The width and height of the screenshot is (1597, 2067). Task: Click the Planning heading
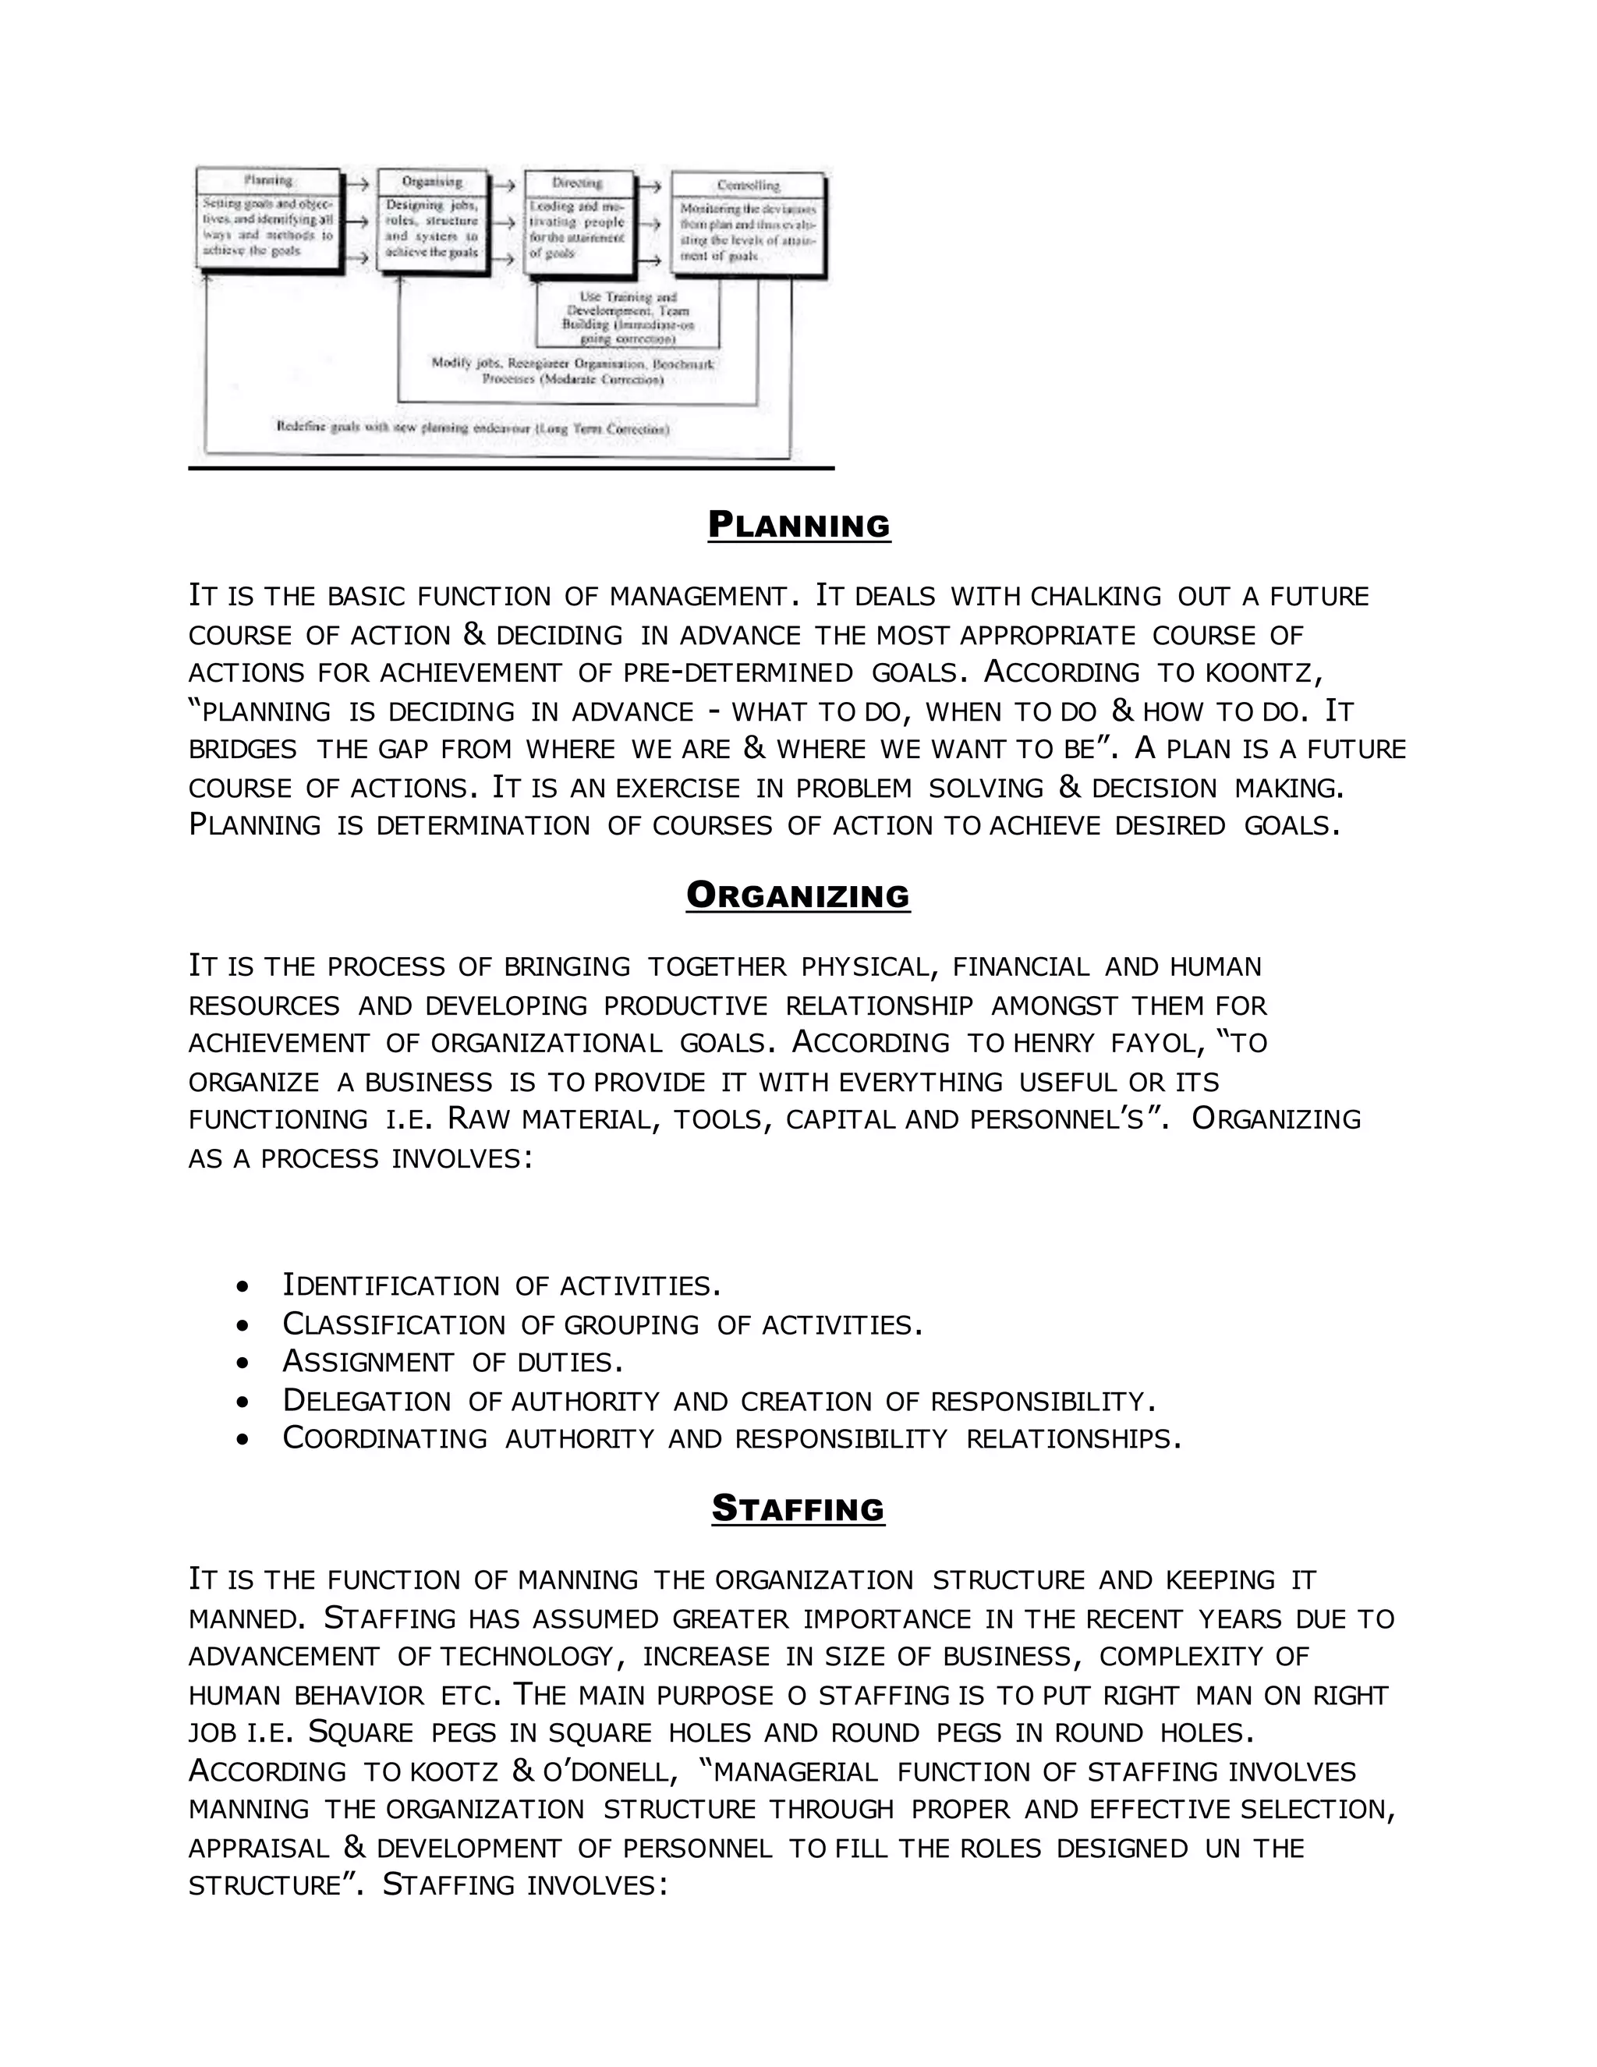click(798, 525)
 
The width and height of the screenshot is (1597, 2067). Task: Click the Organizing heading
click(798, 895)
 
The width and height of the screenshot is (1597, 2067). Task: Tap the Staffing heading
click(798, 1509)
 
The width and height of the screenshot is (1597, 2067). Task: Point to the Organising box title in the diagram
click(431, 182)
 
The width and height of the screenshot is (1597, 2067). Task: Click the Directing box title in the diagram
click(577, 183)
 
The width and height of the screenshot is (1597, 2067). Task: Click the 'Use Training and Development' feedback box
click(627, 317)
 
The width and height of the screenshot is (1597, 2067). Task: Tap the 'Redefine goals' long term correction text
click(473, 427)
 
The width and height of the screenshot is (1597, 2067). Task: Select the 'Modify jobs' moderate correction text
click(572, 371)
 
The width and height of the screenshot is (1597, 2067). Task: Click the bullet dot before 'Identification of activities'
click(244, 1287)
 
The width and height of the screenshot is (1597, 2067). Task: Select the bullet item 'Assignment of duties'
click(452, 1363)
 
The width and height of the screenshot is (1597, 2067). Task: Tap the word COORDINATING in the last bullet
click(384, 1440)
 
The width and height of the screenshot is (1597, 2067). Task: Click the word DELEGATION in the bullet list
click(367, 1402)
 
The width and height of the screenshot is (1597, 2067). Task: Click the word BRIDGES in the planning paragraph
click(243, 750)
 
